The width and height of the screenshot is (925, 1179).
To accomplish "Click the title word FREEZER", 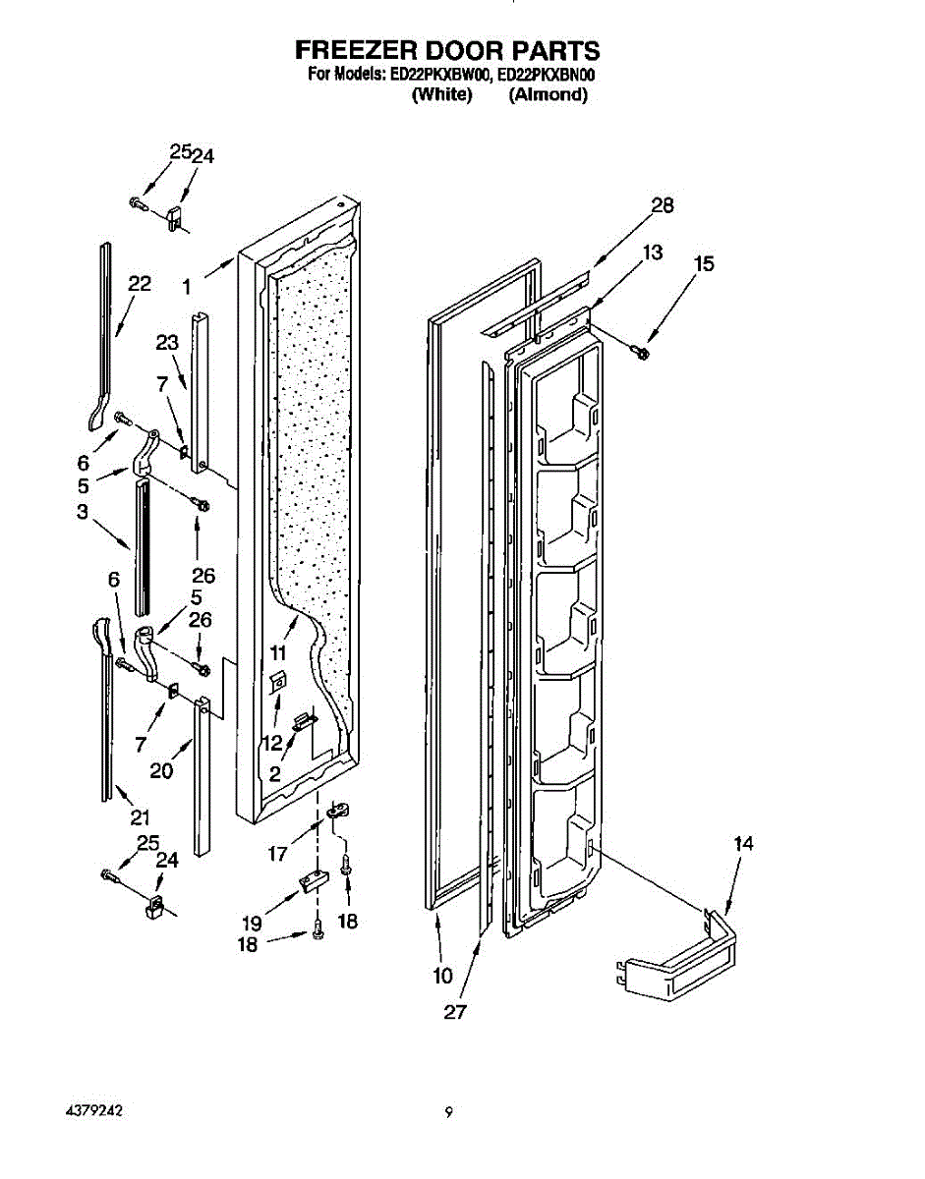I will pos(356,51).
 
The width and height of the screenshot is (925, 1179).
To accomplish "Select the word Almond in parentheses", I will pos(549,95).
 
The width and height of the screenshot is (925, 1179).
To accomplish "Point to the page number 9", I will pos(448,1112).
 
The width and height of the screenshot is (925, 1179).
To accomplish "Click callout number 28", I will pos(663,204).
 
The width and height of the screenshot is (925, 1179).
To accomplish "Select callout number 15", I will pos(703,263).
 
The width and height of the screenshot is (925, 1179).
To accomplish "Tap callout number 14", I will pos(743,843).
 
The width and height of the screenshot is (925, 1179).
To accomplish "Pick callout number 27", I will pos(454,1012).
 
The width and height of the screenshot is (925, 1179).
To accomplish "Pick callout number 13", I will pos(651,253).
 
